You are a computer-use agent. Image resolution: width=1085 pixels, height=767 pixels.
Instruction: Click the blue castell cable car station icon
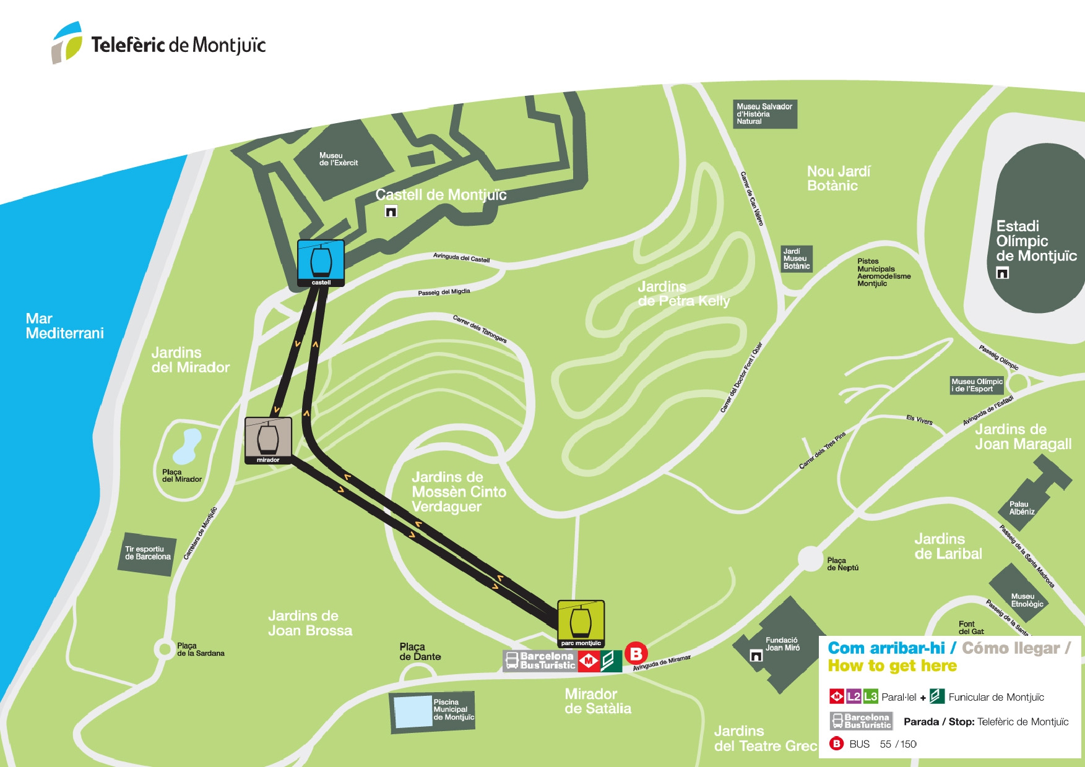[x=321, y=262]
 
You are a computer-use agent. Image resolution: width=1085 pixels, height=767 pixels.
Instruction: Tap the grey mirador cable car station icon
[x=268, y=440]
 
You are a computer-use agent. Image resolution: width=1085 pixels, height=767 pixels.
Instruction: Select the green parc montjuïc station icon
[x=581, y=623]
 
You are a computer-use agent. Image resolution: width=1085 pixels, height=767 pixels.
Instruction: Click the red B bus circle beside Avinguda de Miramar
[x=636, y=653]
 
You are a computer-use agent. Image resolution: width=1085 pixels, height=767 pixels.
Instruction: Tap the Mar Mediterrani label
[x=64, y=326]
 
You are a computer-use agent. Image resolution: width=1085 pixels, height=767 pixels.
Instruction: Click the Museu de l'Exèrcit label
[x=338, y=159]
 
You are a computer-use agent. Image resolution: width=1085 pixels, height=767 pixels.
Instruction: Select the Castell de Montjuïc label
[x=441, y=195]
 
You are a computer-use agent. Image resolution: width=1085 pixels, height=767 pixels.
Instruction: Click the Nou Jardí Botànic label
[x=838, y=178]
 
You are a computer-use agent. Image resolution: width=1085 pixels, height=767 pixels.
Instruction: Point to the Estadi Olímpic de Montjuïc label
[x=1035, y=241]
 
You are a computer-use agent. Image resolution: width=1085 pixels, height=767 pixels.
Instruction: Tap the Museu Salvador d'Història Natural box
[x=764, y=114]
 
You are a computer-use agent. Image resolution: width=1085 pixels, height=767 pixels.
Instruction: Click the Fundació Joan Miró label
[x=782, y=644]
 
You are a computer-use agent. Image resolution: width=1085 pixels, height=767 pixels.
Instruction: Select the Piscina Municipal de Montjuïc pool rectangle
[x=413, y=711]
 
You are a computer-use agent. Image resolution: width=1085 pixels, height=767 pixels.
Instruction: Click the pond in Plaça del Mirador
[x=187, y=447]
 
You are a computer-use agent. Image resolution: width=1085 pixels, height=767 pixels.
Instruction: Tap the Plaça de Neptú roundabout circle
[x=810, y=559]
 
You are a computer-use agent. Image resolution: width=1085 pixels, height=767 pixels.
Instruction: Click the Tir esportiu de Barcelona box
[x=147, y=553]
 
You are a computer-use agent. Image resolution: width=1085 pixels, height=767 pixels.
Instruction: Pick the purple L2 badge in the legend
[x=854, y=696]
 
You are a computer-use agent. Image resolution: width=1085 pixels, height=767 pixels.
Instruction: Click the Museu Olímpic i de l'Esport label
[x=977, y=385]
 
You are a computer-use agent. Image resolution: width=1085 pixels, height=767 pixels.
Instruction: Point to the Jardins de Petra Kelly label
[x=683, y=294]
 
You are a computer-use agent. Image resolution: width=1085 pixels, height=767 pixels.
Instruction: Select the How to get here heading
[x=892, y=666]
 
